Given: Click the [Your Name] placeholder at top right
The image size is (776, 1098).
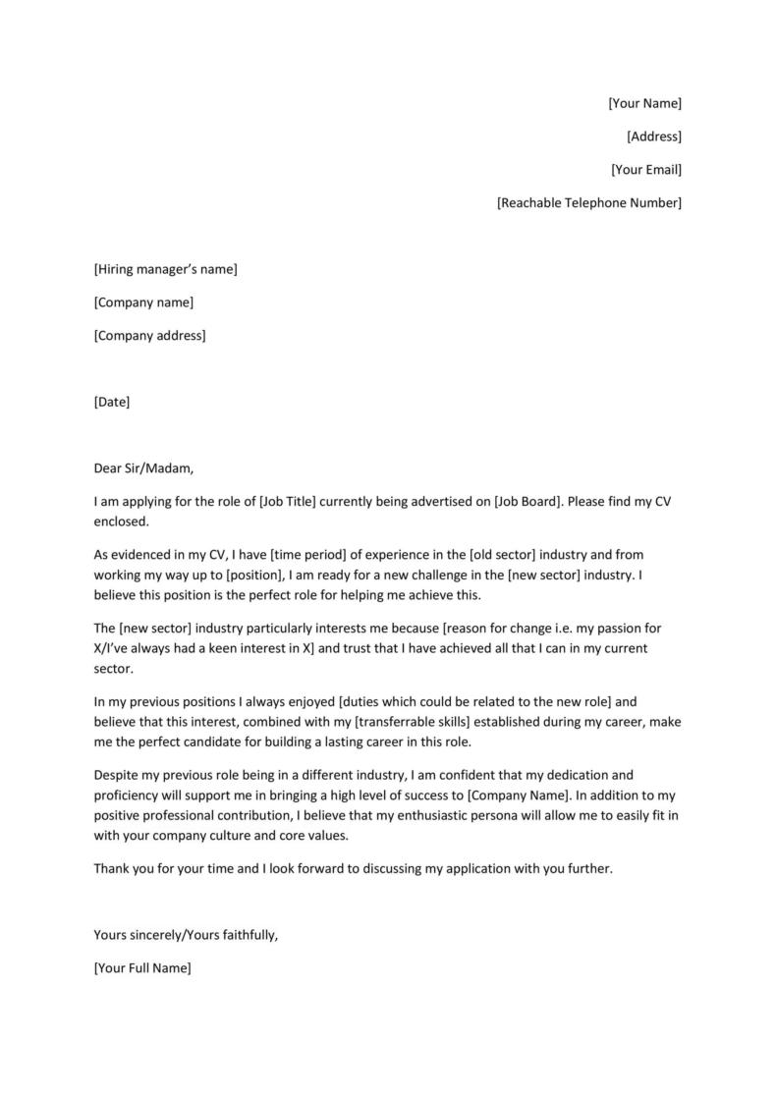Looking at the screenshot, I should click(644, 103).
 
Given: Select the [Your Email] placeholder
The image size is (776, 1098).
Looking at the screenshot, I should click(645, 170).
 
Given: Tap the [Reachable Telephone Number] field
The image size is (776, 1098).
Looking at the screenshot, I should click(588, 203).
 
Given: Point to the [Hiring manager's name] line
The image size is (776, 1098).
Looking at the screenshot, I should click(165, 269).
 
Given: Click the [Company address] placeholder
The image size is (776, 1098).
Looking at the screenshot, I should click(149, 336).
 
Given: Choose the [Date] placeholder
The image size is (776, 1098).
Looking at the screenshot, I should click(111, 402).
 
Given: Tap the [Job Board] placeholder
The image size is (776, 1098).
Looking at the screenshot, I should click(527, 502).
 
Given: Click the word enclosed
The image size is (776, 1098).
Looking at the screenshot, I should click(120, 521).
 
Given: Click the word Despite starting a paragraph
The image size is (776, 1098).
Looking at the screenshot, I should click(117, 775).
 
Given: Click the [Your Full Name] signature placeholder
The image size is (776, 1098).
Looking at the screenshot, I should click(142, 968).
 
